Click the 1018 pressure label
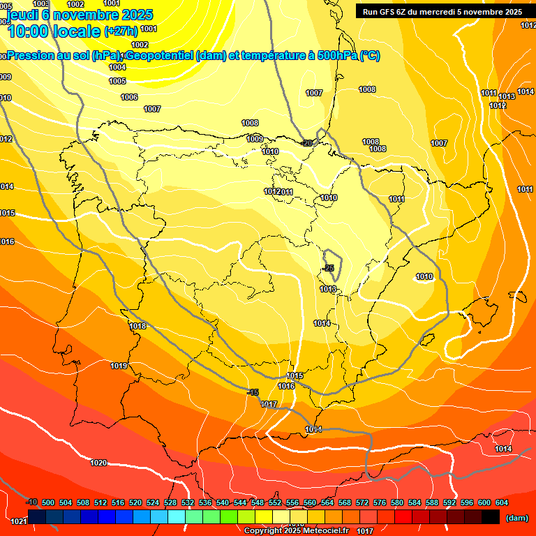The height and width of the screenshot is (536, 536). [x=137, y=326]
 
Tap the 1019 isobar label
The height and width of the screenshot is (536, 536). [x=119, y=366]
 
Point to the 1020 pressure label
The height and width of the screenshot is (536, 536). [x=98, y=463]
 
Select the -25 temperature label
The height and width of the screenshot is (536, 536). [x=328, y=268]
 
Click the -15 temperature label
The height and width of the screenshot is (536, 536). [x=253, y=392]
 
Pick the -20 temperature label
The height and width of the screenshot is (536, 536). [x=306, y=143]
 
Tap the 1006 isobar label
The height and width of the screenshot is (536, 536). [x=129, y=97]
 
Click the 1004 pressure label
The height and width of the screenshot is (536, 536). [x=117, y=67]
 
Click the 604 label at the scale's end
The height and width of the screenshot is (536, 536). [x=502, y=502]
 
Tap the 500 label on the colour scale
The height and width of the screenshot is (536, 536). [x=48, y=502]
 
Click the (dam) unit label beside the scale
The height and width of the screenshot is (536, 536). [x=516, y=518]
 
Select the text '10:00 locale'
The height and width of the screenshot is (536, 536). [x=54, y=31]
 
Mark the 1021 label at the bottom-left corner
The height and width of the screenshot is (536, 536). [x=19, y=521]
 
